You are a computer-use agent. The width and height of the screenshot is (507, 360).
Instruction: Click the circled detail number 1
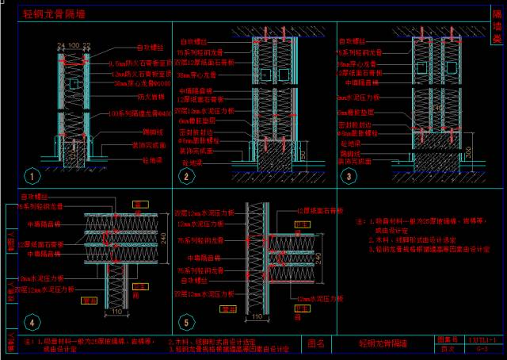pos(31,176)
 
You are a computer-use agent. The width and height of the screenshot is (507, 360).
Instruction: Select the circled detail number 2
pos(187,176)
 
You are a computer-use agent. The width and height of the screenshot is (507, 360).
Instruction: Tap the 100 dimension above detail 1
pos(72,46)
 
